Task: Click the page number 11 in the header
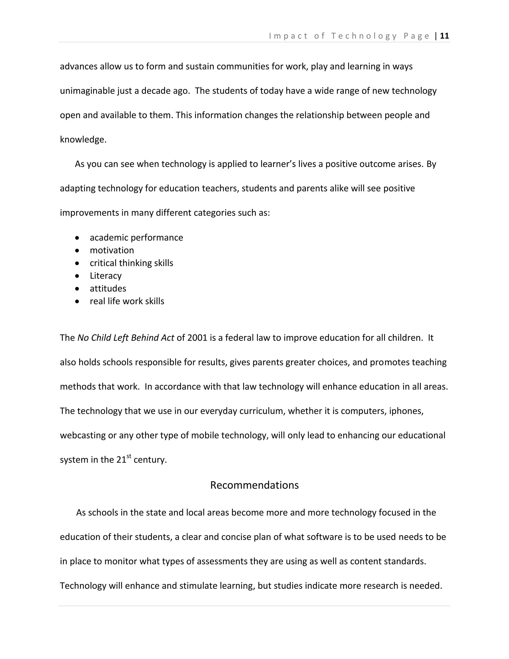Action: [444, 36]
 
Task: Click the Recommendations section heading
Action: [254, 485]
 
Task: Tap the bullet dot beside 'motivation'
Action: [78, 250]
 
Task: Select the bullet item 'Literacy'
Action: [106, 276]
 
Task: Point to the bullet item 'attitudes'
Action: [108, 288]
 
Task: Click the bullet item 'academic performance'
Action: [136, 238]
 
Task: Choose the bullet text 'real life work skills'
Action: [127, 301]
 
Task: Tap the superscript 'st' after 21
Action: [129, 456]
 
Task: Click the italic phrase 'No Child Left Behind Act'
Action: [126, 338]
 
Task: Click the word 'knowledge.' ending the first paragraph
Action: [83, 140]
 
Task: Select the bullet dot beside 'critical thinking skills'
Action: [78, 263]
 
